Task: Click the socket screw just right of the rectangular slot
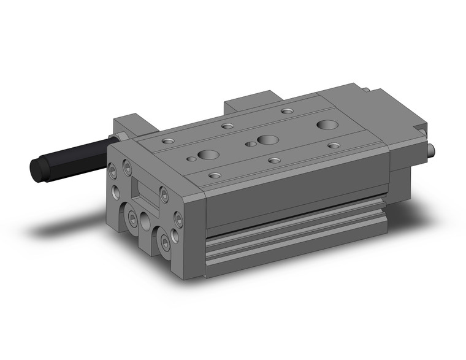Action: point(164,195)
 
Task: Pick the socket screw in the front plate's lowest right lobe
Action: point(164,244)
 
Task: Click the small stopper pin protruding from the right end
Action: point(432,149)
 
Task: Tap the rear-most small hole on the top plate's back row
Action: point(287,112)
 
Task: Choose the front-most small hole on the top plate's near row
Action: point(214,175)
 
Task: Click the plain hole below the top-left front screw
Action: point(115,191)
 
